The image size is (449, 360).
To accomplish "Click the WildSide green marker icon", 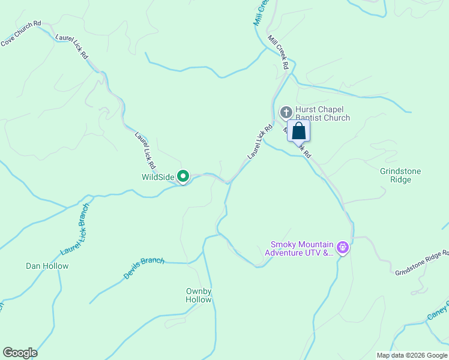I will click(184, 176).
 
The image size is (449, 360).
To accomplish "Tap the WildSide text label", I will click(158, 177).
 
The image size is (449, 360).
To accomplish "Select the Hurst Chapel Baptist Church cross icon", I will click(286, 112).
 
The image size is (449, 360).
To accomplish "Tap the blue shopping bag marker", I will click(299, 131).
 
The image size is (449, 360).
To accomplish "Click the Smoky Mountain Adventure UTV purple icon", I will click(342, 247).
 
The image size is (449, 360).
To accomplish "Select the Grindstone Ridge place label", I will click(400, 175).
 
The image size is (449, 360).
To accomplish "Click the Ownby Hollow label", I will click(199, 295).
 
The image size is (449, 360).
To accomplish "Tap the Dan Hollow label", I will click(47, 266).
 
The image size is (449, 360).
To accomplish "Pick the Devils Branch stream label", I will click(144, 268).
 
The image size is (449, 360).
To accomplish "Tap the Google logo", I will click(20, 353).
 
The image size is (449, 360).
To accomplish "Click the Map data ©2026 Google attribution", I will click(412, 355).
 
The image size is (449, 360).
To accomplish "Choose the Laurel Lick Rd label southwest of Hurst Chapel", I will click(260, 142).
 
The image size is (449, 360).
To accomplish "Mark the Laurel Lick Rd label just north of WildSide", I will click(146, 149).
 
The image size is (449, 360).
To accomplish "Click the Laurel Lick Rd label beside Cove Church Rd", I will click(72, 46).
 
